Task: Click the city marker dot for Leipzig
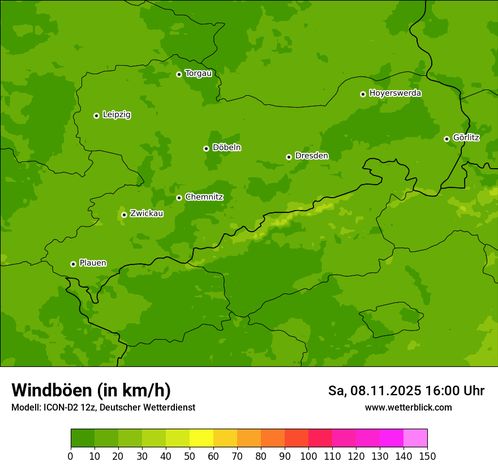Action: tap(96, 116)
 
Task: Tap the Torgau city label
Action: tap(198, 74)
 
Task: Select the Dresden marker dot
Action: tap(289, 157)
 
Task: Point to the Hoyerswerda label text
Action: tap(395, 93)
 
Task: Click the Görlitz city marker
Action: tap(447, 139)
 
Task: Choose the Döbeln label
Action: tap(226, 148)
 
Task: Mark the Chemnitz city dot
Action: tap(179, 198)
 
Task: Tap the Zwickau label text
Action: tap(147, 213)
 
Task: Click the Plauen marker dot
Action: tap(73, 264)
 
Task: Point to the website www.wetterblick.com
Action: tap(408, 408)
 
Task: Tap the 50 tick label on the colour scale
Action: tap(190, 456)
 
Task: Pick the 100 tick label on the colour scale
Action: tap(308, 456)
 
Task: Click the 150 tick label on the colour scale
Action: tap(427, 456)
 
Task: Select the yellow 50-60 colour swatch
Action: tap(201, 438)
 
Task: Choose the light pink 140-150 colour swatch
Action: tap(415, 438)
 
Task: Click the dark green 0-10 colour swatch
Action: tap(83, 438)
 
